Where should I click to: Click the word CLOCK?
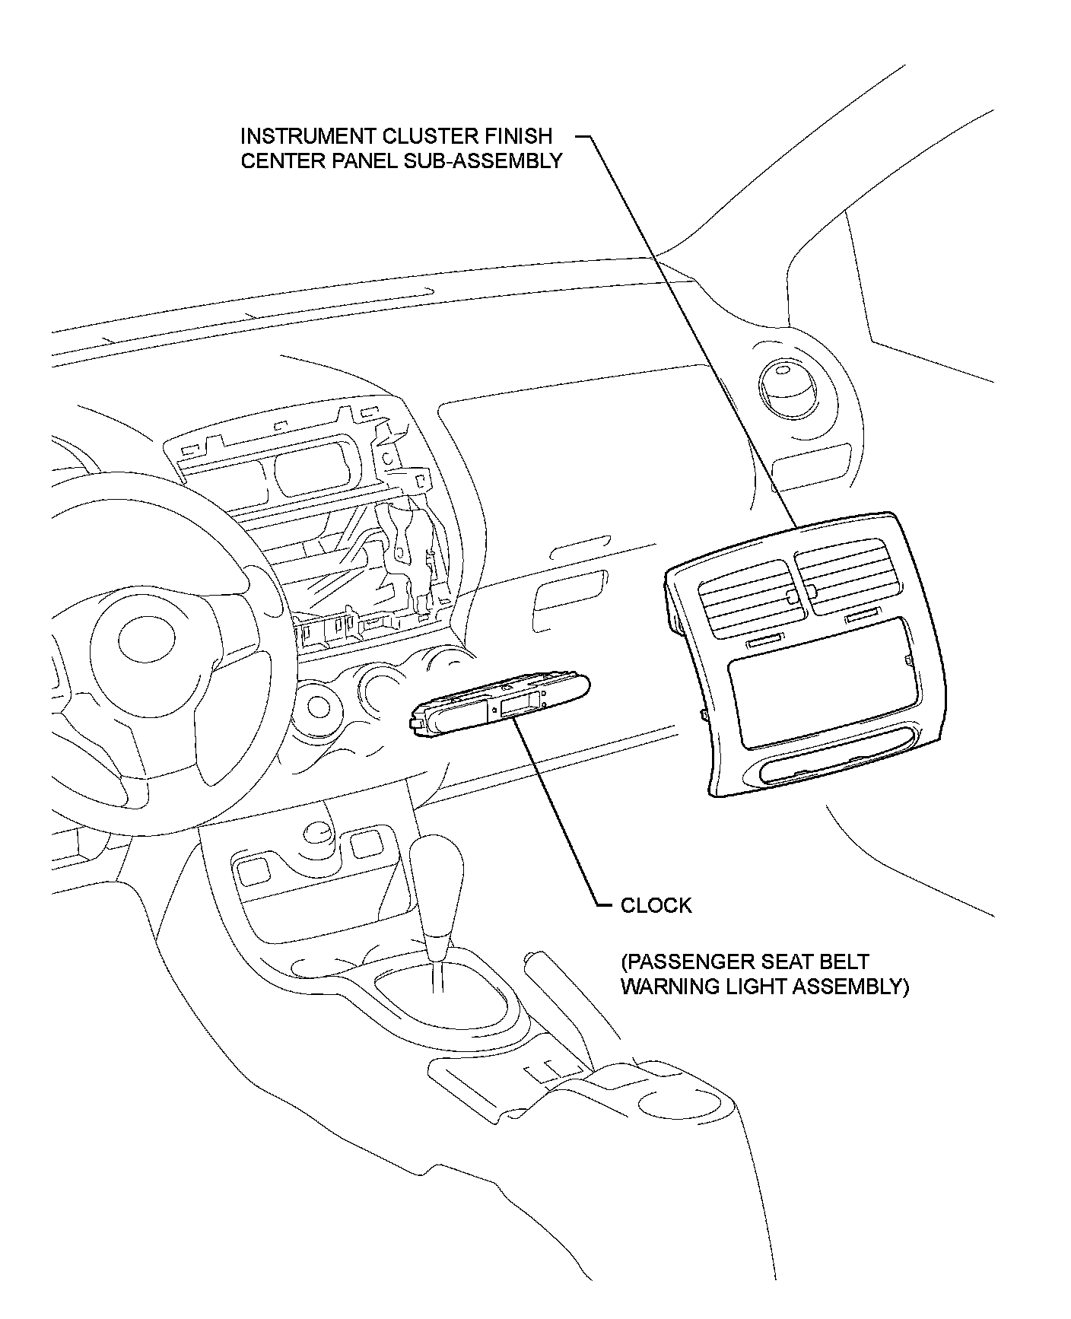point(656,905)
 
